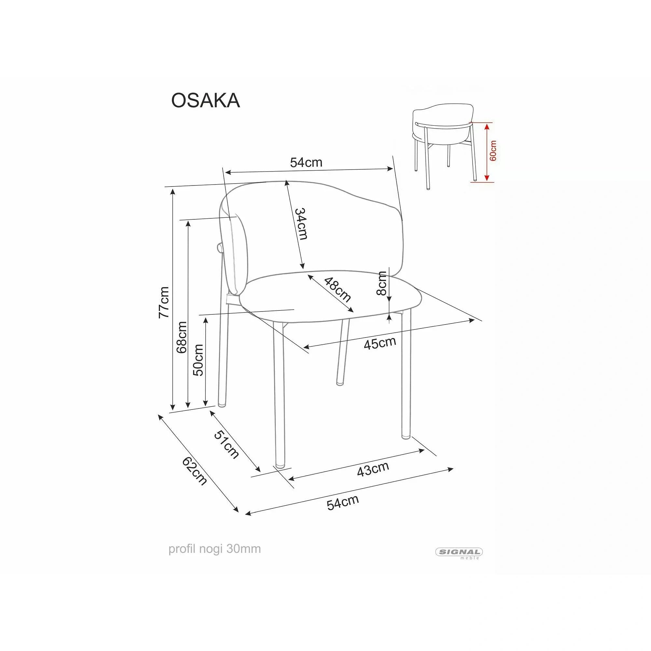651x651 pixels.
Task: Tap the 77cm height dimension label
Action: [164, 302]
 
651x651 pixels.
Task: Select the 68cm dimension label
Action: [182, 337]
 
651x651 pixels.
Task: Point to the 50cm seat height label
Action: [198, 360]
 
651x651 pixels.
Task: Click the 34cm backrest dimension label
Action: [301, 224]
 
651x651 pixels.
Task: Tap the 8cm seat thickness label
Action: [382, 284]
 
